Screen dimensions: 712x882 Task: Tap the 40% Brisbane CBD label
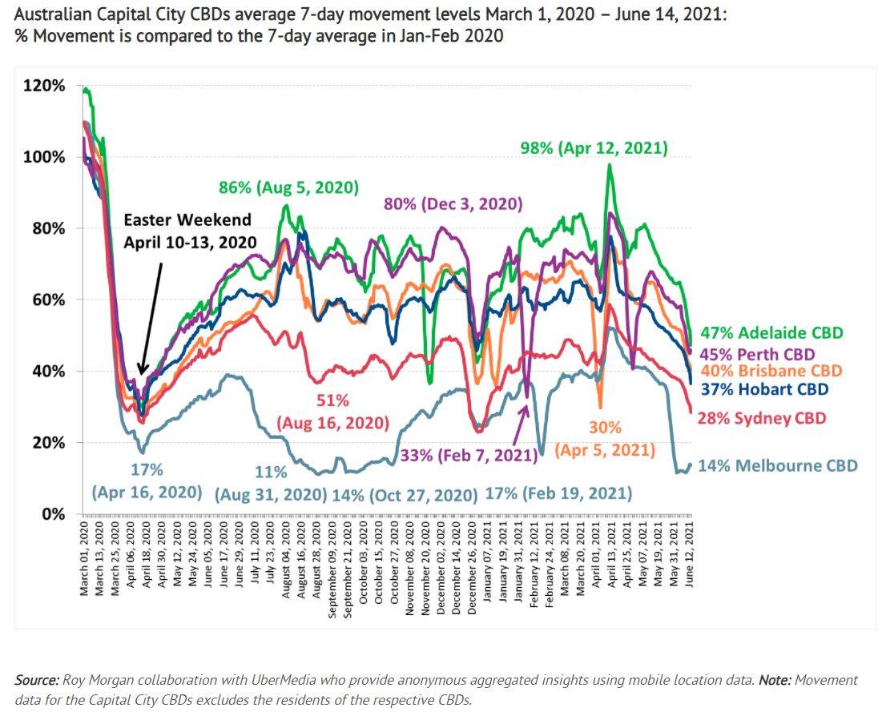[x=771, y=371]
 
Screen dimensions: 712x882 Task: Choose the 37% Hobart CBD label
[x=764, y=389]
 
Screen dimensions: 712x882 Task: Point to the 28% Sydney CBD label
[x=762, y=418]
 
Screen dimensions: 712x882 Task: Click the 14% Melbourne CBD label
[x=777, y=465]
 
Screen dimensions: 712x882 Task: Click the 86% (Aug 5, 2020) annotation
[x=288, y=188]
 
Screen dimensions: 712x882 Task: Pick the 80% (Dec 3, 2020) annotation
[x=453, y=203]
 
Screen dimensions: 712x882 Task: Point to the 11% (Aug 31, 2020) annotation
[x=271, y=481]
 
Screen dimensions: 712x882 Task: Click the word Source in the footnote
[x=36, y=680]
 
